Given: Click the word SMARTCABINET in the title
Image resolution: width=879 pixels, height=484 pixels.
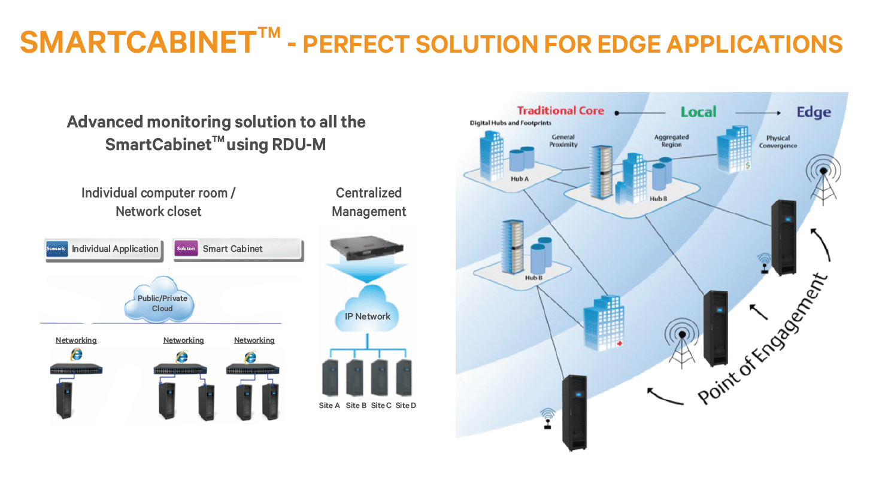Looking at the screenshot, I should tap(138, 42).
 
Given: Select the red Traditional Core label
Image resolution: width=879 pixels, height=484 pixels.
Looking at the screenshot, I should tap(560, 111).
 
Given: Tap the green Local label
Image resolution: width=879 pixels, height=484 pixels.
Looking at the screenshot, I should tap(698, 112).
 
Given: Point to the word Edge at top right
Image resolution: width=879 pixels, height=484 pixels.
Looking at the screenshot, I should tap(813, 112).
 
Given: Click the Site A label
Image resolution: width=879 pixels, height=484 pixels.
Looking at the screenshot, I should tap(329, 406).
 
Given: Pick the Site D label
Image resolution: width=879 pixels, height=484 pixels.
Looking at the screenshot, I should tap(406, 406).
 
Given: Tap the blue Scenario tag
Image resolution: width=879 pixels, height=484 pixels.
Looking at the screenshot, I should tap(56, 249).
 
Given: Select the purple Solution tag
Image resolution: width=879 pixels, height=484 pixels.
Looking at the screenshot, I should tap(186, 249).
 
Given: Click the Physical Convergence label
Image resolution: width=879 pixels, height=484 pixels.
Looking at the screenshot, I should tap(778, 142).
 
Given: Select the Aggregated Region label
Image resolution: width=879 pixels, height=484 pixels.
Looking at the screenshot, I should tap(671, 141).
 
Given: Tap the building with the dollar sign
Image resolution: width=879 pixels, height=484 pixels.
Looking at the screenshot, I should tap(734, 150).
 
